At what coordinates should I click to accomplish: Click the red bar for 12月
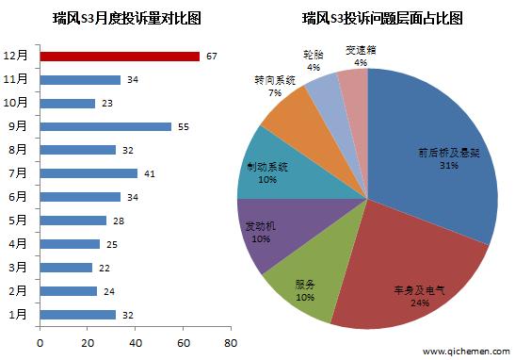click(x=120, y=57)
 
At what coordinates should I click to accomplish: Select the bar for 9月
click(x=105, y=126)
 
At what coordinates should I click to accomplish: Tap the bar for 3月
click(x=66, y=268)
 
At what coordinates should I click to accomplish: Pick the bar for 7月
click(x=89, y=173)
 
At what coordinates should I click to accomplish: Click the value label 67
click(x=211, y=57)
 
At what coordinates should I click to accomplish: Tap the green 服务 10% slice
click(x=302, y=283)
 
